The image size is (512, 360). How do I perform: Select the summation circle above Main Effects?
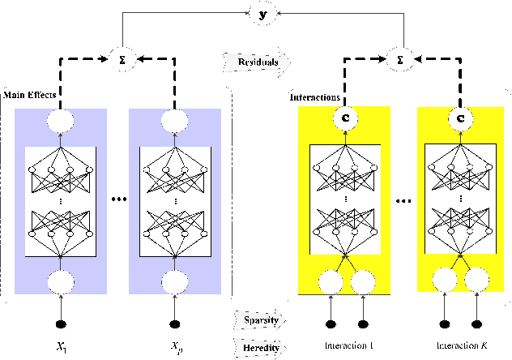click(x=121, y=58)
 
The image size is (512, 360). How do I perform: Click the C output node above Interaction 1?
click(x=347, y=119)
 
